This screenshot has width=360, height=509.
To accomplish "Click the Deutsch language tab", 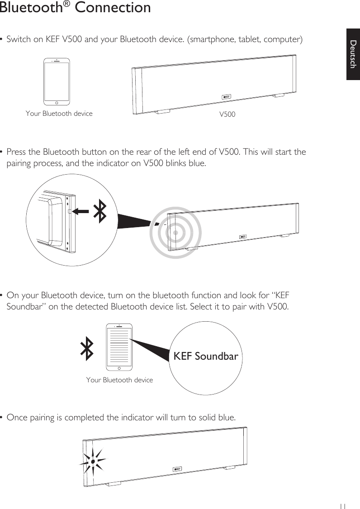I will pyautogui.click(x=353, y=54).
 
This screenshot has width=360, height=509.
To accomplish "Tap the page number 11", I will pyautogui.click(x=343, y=506).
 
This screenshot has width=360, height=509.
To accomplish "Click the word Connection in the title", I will pyautogui.click(x=113, y=8).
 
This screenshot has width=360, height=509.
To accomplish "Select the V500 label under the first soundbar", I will pyautogui.click(x=227, y=114).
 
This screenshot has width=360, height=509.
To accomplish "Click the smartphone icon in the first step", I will pyautogui.click(x=57, y=81).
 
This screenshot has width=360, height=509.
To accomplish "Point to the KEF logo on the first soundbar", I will pyautogui.click(x=226, y=97).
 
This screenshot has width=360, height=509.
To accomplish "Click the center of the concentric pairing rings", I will pyautogui.click(x=175, y=233).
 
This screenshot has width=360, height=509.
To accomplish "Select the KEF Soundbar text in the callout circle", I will pyautogui.click(x=206, y=356).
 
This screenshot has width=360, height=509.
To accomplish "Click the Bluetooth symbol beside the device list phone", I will pyautogui.click(x=87, y=350).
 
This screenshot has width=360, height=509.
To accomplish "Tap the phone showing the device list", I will pyautogui.click(x=119, y=347).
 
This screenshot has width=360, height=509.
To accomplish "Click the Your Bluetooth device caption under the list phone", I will pyautogui.click(x=119, y=380).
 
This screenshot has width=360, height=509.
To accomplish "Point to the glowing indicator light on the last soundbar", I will pyautogui.click(x=92, y=461).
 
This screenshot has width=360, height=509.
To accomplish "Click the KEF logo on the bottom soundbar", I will pyautogui.click(x=178, y=469).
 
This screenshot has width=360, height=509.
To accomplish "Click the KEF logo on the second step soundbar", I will pyautogui.click(x=243, y=237).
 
